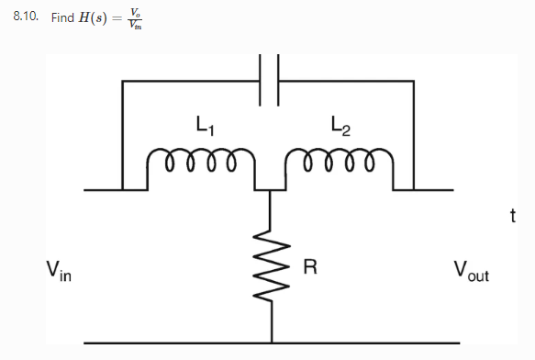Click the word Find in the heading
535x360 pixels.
(x=62, y=18)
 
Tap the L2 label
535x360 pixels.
(x=340, y=126)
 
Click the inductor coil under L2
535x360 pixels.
(x=340, y=165)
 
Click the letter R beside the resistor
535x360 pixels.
(x=309, y=268)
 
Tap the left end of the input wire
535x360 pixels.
(x=85, y=190)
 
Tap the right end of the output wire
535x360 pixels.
(x=451, y=190)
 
